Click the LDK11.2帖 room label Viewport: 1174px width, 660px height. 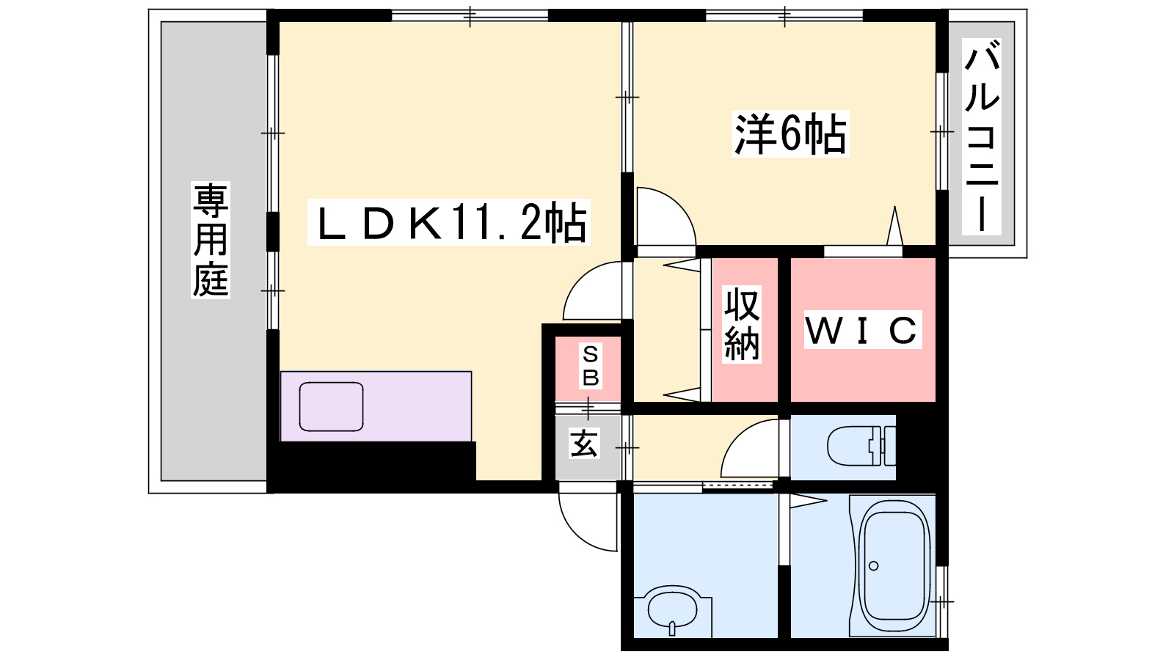449,222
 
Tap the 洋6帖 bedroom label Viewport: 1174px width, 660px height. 790,134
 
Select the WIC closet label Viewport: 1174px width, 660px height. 862,330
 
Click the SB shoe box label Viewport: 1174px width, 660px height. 590,366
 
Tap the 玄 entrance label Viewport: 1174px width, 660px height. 584,444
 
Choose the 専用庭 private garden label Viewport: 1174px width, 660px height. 210,240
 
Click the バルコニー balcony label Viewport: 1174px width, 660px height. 981,136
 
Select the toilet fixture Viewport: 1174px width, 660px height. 861,446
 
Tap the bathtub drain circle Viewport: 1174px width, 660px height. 873,565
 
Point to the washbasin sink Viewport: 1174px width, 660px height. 673,610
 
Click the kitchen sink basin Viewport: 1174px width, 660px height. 331,406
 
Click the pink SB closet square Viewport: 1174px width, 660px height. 588,369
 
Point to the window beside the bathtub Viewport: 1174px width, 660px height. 942,601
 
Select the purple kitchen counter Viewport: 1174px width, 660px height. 376,406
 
